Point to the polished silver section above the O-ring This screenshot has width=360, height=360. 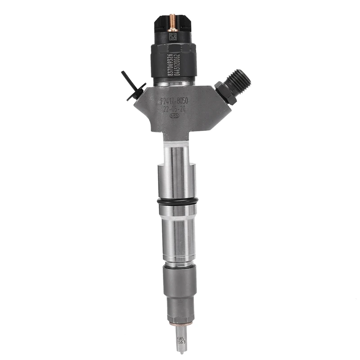point(176,180)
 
